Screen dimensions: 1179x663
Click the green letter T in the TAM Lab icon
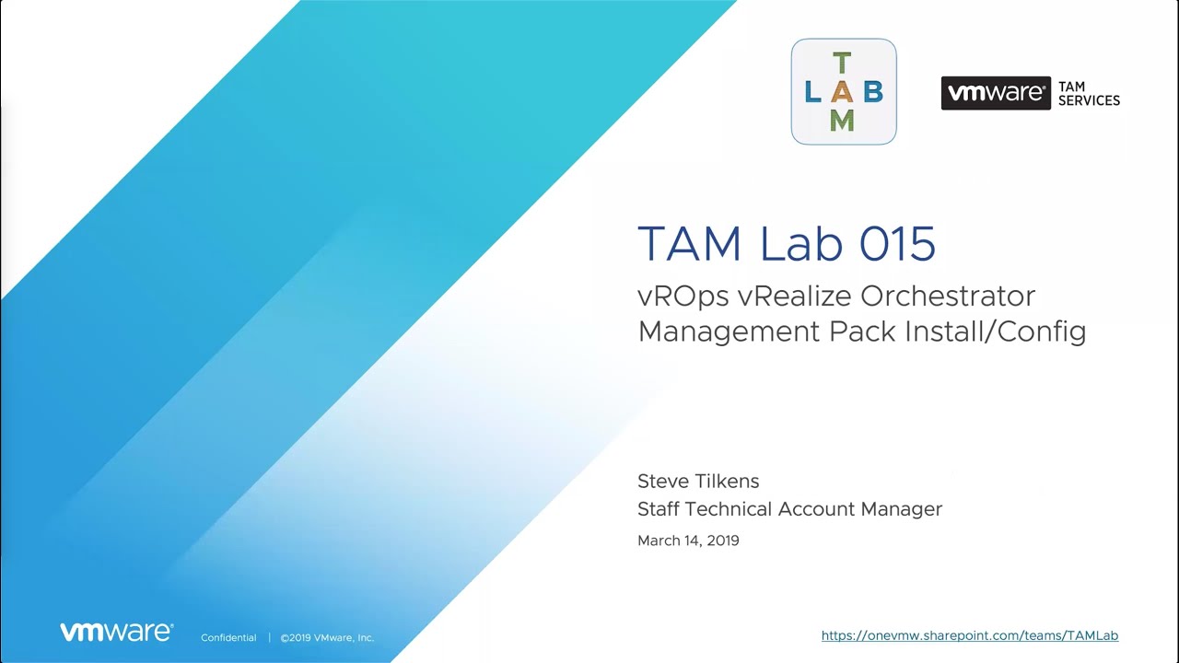(842, 63)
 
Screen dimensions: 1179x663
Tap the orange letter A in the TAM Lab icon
(842, 91)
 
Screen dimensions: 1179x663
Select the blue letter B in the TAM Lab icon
(873, 91)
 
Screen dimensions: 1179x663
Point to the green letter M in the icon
(842, 121)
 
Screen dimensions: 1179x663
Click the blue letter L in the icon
(813, 91)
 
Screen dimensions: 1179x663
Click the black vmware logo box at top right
(996, 93)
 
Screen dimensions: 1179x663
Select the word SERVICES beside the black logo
(1089, 100)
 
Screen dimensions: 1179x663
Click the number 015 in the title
(897, 243)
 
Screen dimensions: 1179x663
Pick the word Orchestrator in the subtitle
(948, 296)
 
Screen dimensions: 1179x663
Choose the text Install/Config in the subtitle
(996, 332)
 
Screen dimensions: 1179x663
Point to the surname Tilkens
(728, 481)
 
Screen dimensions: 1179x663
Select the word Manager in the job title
(901, 509)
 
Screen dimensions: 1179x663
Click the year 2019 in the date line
(723, 541)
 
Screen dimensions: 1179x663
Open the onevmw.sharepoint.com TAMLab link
(970, 635)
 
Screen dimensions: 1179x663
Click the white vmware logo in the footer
(116, 632)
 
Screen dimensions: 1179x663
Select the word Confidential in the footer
(228, 638)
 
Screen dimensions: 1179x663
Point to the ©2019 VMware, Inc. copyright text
(327, 638)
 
